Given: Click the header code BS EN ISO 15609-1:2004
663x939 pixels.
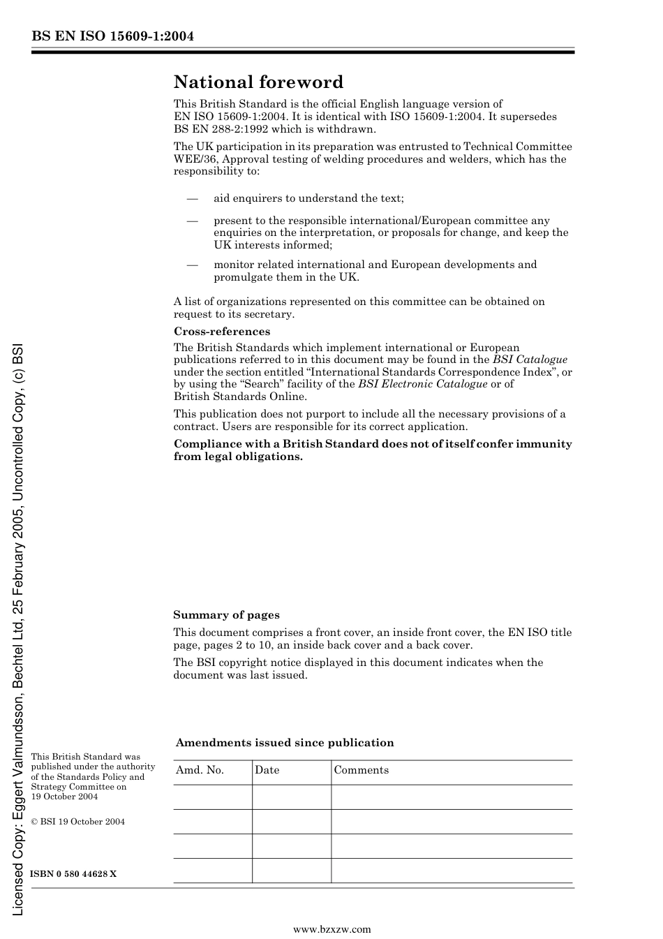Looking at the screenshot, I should (x=112, y=36).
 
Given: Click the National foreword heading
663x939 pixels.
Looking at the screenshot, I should (x=258, y=82).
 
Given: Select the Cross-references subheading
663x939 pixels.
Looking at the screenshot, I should (x=222, y=332).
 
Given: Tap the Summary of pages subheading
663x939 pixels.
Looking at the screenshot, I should (x=226, y=615).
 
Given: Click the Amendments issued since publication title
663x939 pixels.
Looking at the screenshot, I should (x=285, y=743).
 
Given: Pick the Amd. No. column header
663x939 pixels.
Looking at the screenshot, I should (x=200, y=770).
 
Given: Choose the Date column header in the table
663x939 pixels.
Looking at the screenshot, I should (x=267, y=770).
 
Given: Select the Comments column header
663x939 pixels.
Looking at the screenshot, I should (x=361, y=770).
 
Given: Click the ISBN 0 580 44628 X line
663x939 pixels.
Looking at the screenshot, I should (x=73, y=874).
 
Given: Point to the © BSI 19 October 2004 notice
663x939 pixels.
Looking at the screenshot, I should (x=78, y=822).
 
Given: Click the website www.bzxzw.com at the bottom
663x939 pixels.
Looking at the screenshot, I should (x=331, y=929).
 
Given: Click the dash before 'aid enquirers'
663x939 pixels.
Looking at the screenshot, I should (x=193, y=198).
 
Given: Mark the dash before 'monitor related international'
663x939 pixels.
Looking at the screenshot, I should (x=193, y=265).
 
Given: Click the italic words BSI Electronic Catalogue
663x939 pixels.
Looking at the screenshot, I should (x=422, y=384).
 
